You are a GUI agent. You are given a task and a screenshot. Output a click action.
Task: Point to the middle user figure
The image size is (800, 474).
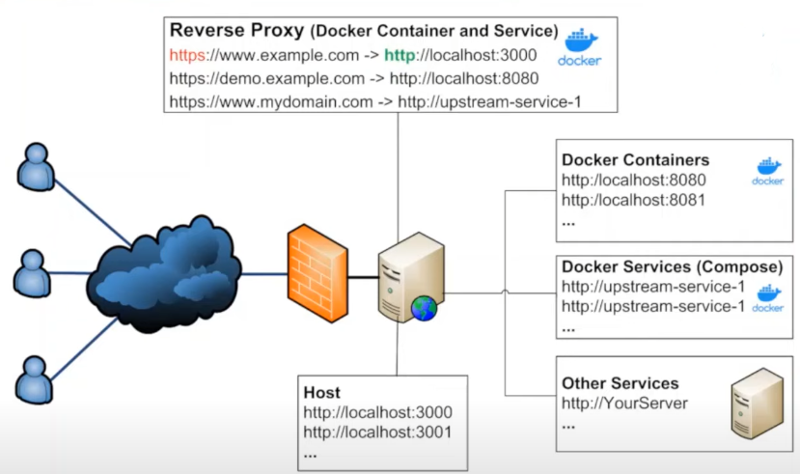click(x=31, y=272)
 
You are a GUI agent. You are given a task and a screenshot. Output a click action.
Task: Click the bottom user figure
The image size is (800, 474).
click(x=33, y=378)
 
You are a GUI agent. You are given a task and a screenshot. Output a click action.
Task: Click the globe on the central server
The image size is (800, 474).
click(x=424, y=308)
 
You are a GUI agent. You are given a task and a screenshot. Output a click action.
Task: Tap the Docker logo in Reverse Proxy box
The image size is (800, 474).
click(x=579, y=46)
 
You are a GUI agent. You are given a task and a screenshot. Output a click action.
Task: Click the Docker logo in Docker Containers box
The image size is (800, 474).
click(x=767, y=171)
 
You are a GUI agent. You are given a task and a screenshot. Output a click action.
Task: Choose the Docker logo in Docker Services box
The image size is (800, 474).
click(x=767, y=298)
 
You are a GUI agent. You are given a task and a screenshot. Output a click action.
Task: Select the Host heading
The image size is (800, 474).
click(x=321, y=393)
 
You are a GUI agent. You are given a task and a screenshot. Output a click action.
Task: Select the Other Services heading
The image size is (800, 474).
click(x=620, y=383)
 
